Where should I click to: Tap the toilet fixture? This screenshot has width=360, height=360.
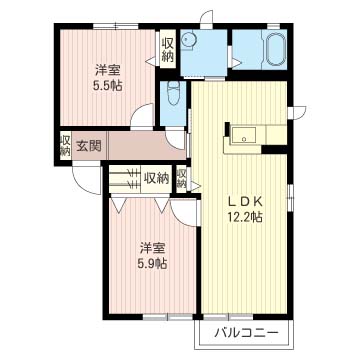[173, 93]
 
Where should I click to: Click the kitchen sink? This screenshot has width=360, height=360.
[244, 135]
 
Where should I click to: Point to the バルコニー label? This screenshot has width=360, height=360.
[246, 333]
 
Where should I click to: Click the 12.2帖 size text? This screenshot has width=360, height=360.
[245, 217]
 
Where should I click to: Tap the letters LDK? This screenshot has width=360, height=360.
[245, 202]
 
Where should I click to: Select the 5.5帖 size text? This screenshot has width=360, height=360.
[107, 86]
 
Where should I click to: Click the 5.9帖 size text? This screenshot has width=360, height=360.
[153, 264]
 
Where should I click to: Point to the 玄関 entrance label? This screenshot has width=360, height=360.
[89, 146]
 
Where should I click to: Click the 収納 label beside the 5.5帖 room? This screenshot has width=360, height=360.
[168, 50]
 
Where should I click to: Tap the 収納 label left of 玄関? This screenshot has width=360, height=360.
[65, 146]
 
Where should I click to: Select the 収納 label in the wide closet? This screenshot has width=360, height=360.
[156, 179]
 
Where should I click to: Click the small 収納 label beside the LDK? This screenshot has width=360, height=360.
[182, 179]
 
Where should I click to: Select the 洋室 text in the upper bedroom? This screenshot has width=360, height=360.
[107, 71]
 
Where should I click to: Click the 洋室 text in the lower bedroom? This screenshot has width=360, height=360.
[153, 249]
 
